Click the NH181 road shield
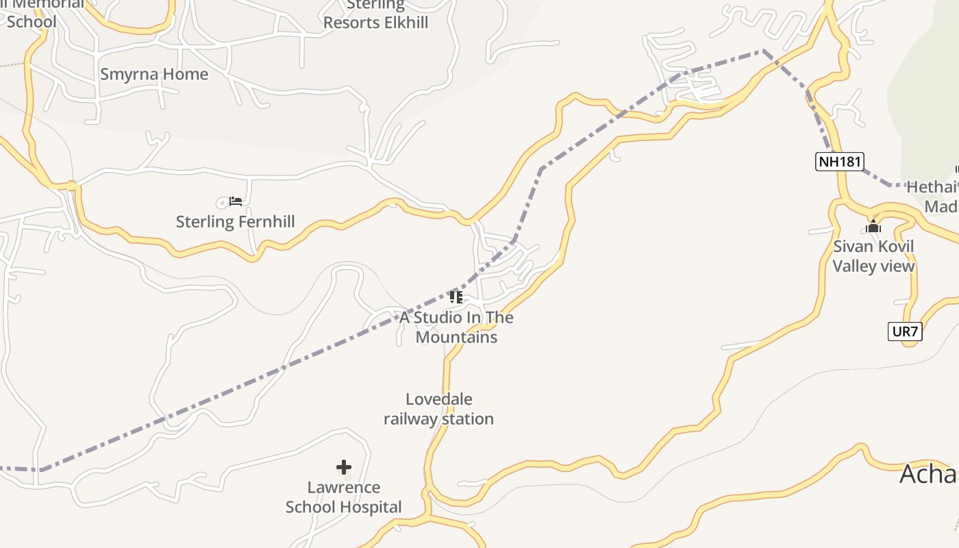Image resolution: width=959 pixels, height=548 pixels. (x=840, y=162)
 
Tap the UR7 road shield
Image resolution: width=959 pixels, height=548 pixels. (x=905, y=332)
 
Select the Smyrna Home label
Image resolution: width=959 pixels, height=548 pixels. (x=154, y=74)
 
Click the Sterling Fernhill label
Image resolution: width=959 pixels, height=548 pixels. (x=235, y=222)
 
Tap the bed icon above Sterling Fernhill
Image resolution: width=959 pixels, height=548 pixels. (x=236, y=201)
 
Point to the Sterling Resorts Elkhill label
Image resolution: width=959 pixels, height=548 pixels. (x=375, y=14)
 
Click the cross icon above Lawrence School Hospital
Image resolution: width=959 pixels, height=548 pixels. (x=344, y=467)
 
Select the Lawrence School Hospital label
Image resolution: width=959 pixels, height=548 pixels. (x=344, y=497)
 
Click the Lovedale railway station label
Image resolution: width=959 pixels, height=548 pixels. (x=438, y=409)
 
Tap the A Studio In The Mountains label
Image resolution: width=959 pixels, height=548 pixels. (x=456, y=327)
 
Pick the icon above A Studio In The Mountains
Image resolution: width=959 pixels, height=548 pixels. (x=456, y=297)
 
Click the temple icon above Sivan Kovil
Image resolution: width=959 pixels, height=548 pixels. (x=873, y=227)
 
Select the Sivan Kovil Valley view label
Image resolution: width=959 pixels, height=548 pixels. (x=873, y=256)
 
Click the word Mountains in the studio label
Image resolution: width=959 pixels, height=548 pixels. (x=456, y=338)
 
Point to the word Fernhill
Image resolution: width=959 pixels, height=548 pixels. (x=264, y=222)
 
